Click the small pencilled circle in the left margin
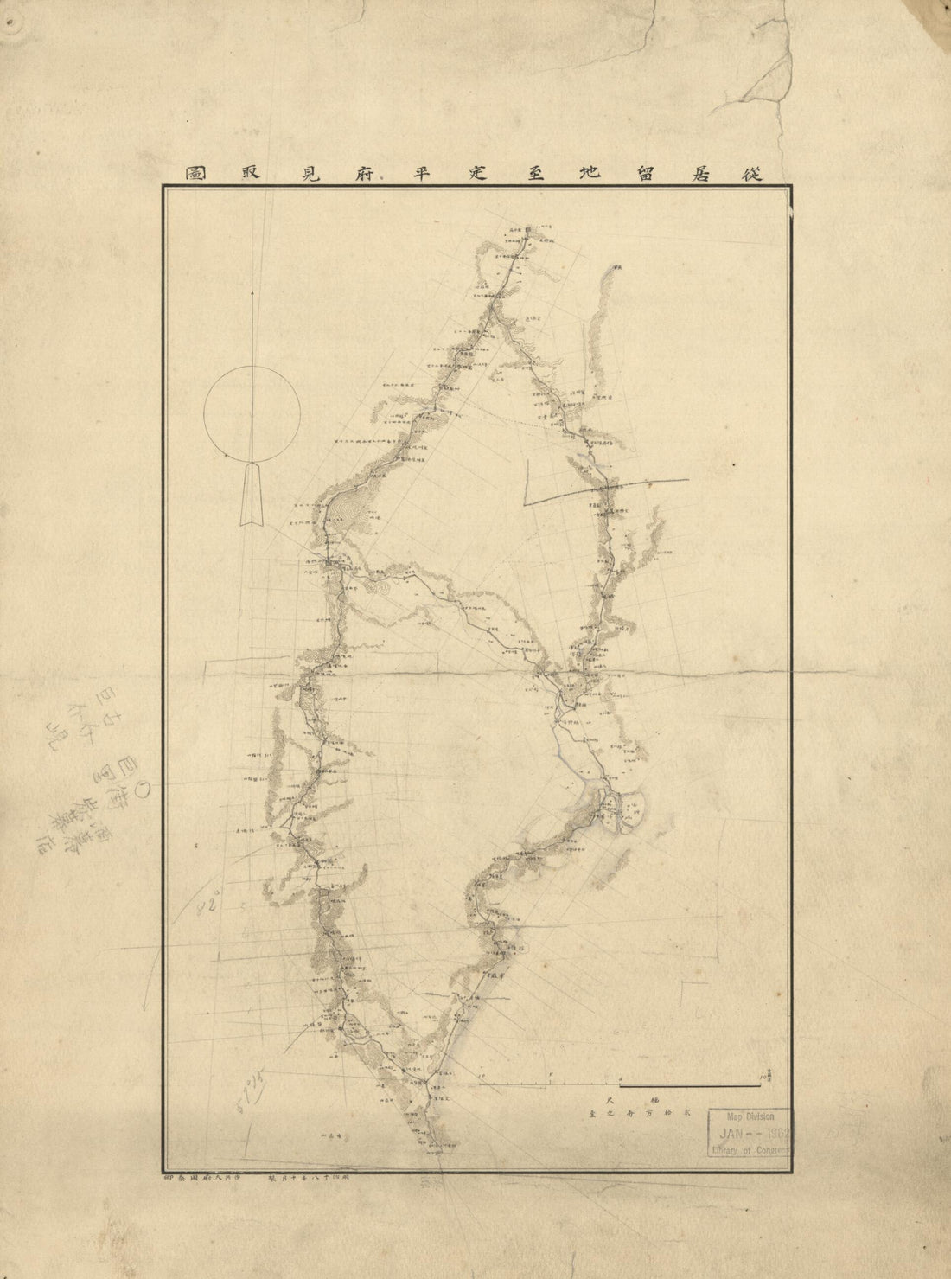[x=145, y=788]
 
